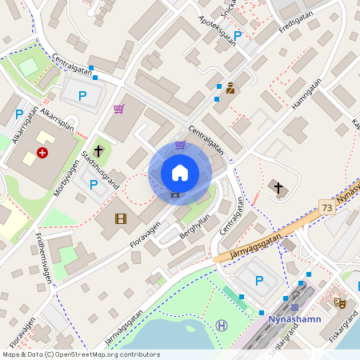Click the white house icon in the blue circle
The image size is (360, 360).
click(x=180, y=172)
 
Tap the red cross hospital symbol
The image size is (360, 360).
click(x=42, y=152)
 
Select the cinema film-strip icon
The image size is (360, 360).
click(x=120, y=218)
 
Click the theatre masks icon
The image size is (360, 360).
click(x=339, y=302)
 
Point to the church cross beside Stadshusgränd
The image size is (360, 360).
click(x=98, y=150)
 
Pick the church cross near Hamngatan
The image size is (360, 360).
click(x=278, y=188)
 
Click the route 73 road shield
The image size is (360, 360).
click(x=326, y=207)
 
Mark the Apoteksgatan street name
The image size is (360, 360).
click(x=217, y=30)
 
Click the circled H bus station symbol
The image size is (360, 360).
click(x=222, y=325)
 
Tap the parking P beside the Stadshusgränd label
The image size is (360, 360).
click(x=94, y=185)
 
